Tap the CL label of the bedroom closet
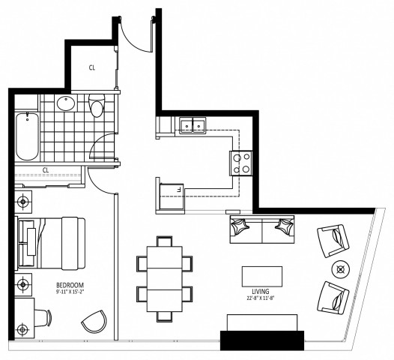(x=45, y=169)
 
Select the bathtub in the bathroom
(x=26, y=136)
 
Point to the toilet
(x=95, y=107)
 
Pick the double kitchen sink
(x=193, y=125)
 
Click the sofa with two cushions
(x=260, y=229)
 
